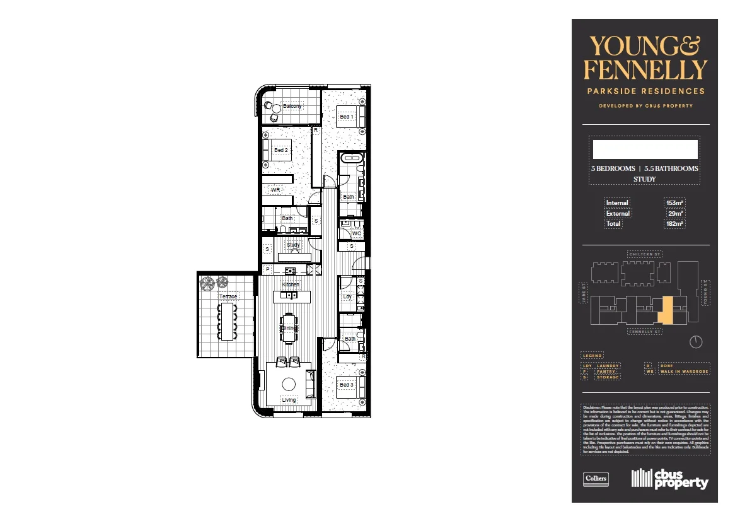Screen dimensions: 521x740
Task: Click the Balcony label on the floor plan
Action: (x=292, y=106)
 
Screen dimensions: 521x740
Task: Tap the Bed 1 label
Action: (x=346, y=117)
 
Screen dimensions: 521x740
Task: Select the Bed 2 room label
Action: (x=280, y=150)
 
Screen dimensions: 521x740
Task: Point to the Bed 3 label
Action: (x=346, y=384)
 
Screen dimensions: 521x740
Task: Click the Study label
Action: (x=293, y=245)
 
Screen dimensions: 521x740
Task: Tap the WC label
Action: (x=356, y=233)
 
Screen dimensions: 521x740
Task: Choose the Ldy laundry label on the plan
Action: (x=347, y=296)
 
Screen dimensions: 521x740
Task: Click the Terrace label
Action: (x=228, y=296)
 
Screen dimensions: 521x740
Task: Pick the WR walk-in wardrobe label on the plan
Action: (x=275, y=189)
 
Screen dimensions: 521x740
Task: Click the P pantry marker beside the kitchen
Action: (x=267, y=270)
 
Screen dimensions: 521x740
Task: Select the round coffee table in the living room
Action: (x=289, y=383)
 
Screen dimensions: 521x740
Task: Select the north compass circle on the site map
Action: (x=696, y=342)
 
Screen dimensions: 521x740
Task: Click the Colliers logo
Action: (x=596, y=478)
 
